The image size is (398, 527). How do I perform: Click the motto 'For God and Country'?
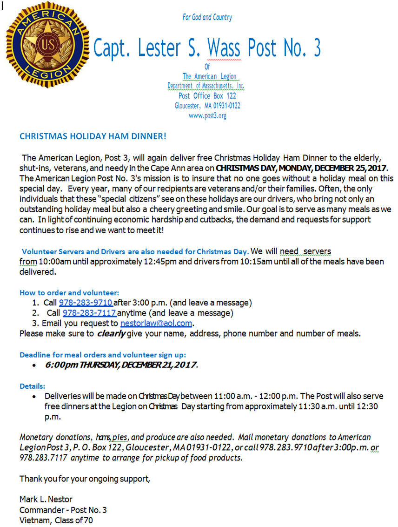[207, 17]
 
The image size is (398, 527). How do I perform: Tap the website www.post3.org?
[207, 116]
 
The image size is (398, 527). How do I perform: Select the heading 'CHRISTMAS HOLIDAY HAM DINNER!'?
[93, 136]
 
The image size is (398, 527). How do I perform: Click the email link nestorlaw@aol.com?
[156, 323]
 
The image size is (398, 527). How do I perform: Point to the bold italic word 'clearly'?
[111, 333]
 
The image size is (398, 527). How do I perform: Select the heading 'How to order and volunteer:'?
[69, 293]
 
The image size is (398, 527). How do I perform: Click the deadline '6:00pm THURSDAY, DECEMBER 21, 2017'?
[121, 365]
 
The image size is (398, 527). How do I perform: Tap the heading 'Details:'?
[32, 386]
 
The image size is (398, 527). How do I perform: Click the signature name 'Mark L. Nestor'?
[46, 500]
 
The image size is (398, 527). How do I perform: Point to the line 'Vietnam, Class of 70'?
[56, 520]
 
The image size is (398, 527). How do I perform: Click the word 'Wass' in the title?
[224, 48]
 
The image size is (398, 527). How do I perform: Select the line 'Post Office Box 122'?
[207, 96]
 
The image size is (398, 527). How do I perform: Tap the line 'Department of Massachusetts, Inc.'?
[206, 86]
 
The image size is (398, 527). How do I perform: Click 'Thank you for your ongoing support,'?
[85, 479]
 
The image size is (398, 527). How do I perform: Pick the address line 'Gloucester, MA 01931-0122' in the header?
[207, 106]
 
